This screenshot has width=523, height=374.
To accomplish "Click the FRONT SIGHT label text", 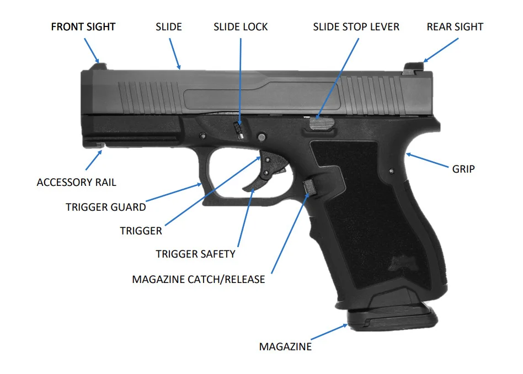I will pyautogui.click(x=83, y=26).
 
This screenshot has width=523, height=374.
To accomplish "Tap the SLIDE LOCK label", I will pyautogui.click(x=241, y=26).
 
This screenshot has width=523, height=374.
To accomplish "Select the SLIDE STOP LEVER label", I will pyautogui.click(x=356, y=26).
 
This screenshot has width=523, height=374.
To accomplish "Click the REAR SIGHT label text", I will pyautogui.click(x=455, y=26).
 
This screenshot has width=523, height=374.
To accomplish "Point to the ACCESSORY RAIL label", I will pyautogui.click(x=76, y=182).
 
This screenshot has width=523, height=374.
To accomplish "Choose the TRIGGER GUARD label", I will pyautogui.click(x=106, y=207).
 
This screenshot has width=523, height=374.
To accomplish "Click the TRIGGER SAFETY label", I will pyautogui.click(x=195, y=254).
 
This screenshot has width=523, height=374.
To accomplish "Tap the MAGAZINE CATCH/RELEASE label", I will pyautogui.click(x=199, y=279).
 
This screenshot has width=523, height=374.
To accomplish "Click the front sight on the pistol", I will pyautogui.click(x=99, y=67).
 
